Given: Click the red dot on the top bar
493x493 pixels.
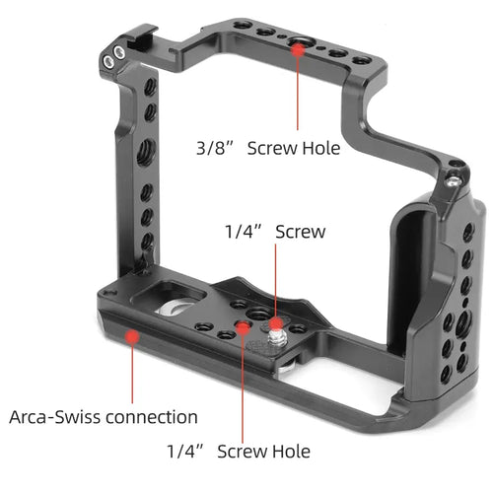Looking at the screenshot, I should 299,44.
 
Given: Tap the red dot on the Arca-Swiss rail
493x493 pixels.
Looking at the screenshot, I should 130,336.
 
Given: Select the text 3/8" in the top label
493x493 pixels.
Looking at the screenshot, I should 216,149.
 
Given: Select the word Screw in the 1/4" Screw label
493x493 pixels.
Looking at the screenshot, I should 300,233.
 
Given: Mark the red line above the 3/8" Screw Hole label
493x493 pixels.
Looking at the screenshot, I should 299,94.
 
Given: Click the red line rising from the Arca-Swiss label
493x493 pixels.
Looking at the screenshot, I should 130,370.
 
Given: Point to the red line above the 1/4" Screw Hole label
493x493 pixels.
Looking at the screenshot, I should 244,385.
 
